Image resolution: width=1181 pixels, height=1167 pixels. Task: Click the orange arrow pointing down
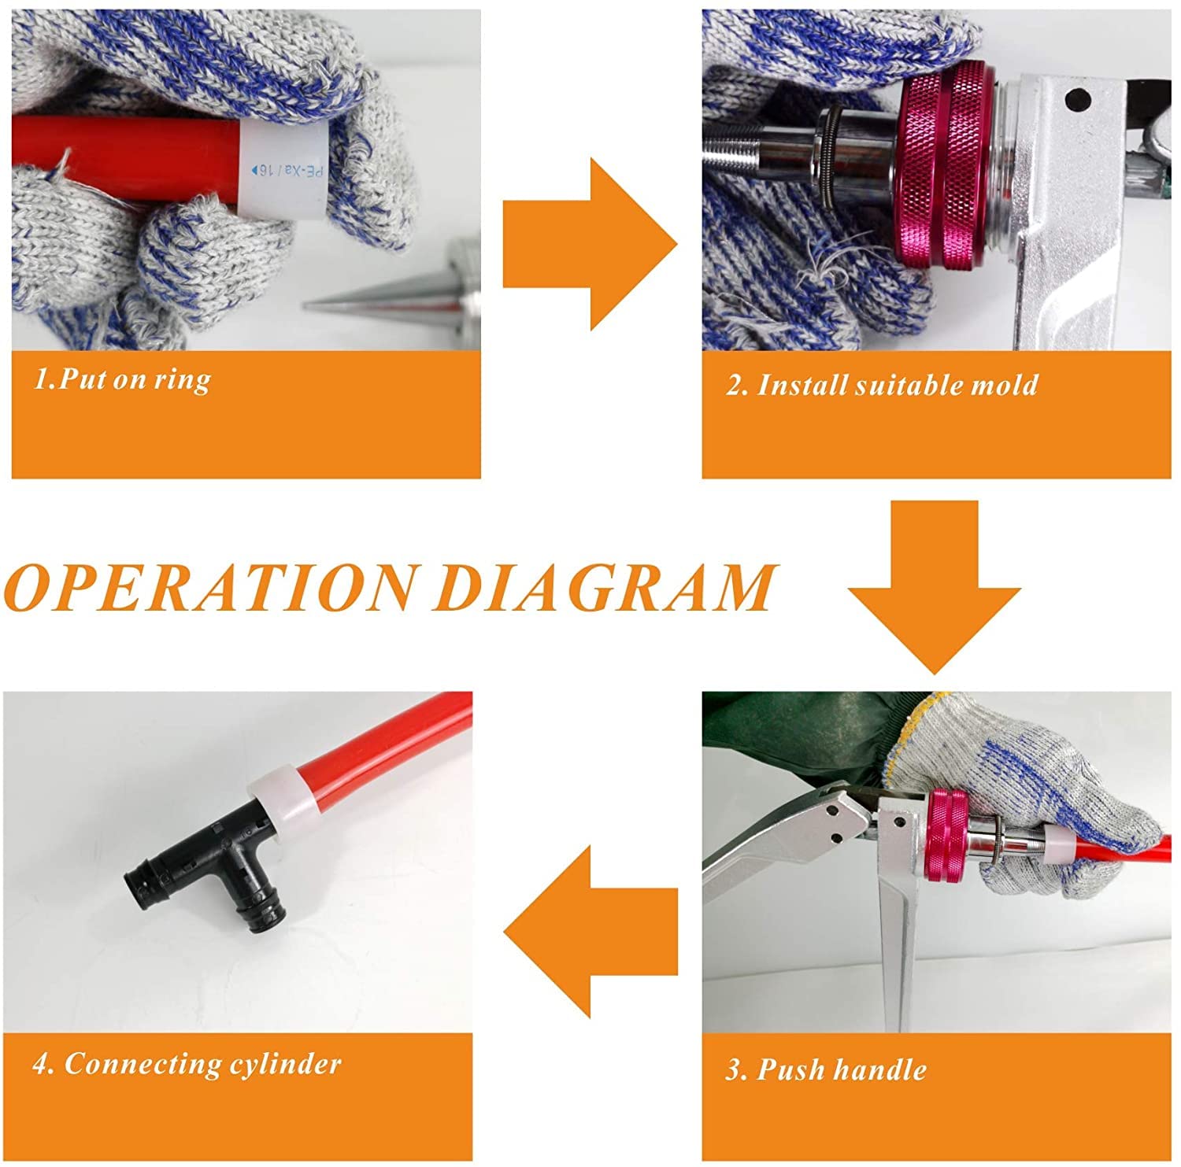[x=935, y=587]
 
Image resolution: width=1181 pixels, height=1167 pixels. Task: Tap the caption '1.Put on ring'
[x=122, y=379]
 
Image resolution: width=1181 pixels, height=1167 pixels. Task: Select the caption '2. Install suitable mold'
[x=882, y=385]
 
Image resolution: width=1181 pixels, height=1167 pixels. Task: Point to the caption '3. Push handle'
[x=825, y=1069]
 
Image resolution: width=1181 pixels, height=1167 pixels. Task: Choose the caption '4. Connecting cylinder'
[x=187, y=1064]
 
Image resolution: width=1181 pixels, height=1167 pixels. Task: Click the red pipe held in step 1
[x=126, y=150]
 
